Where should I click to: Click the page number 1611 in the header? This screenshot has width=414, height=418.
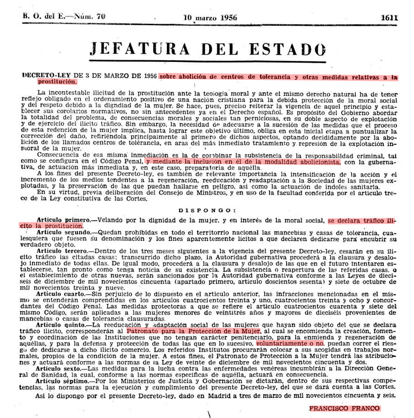(388, 18)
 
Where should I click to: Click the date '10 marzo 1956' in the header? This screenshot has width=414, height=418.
(206, 18)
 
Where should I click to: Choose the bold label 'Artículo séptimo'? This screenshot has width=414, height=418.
(62, 383)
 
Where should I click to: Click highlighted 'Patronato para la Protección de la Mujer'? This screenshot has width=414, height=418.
(193, 329)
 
